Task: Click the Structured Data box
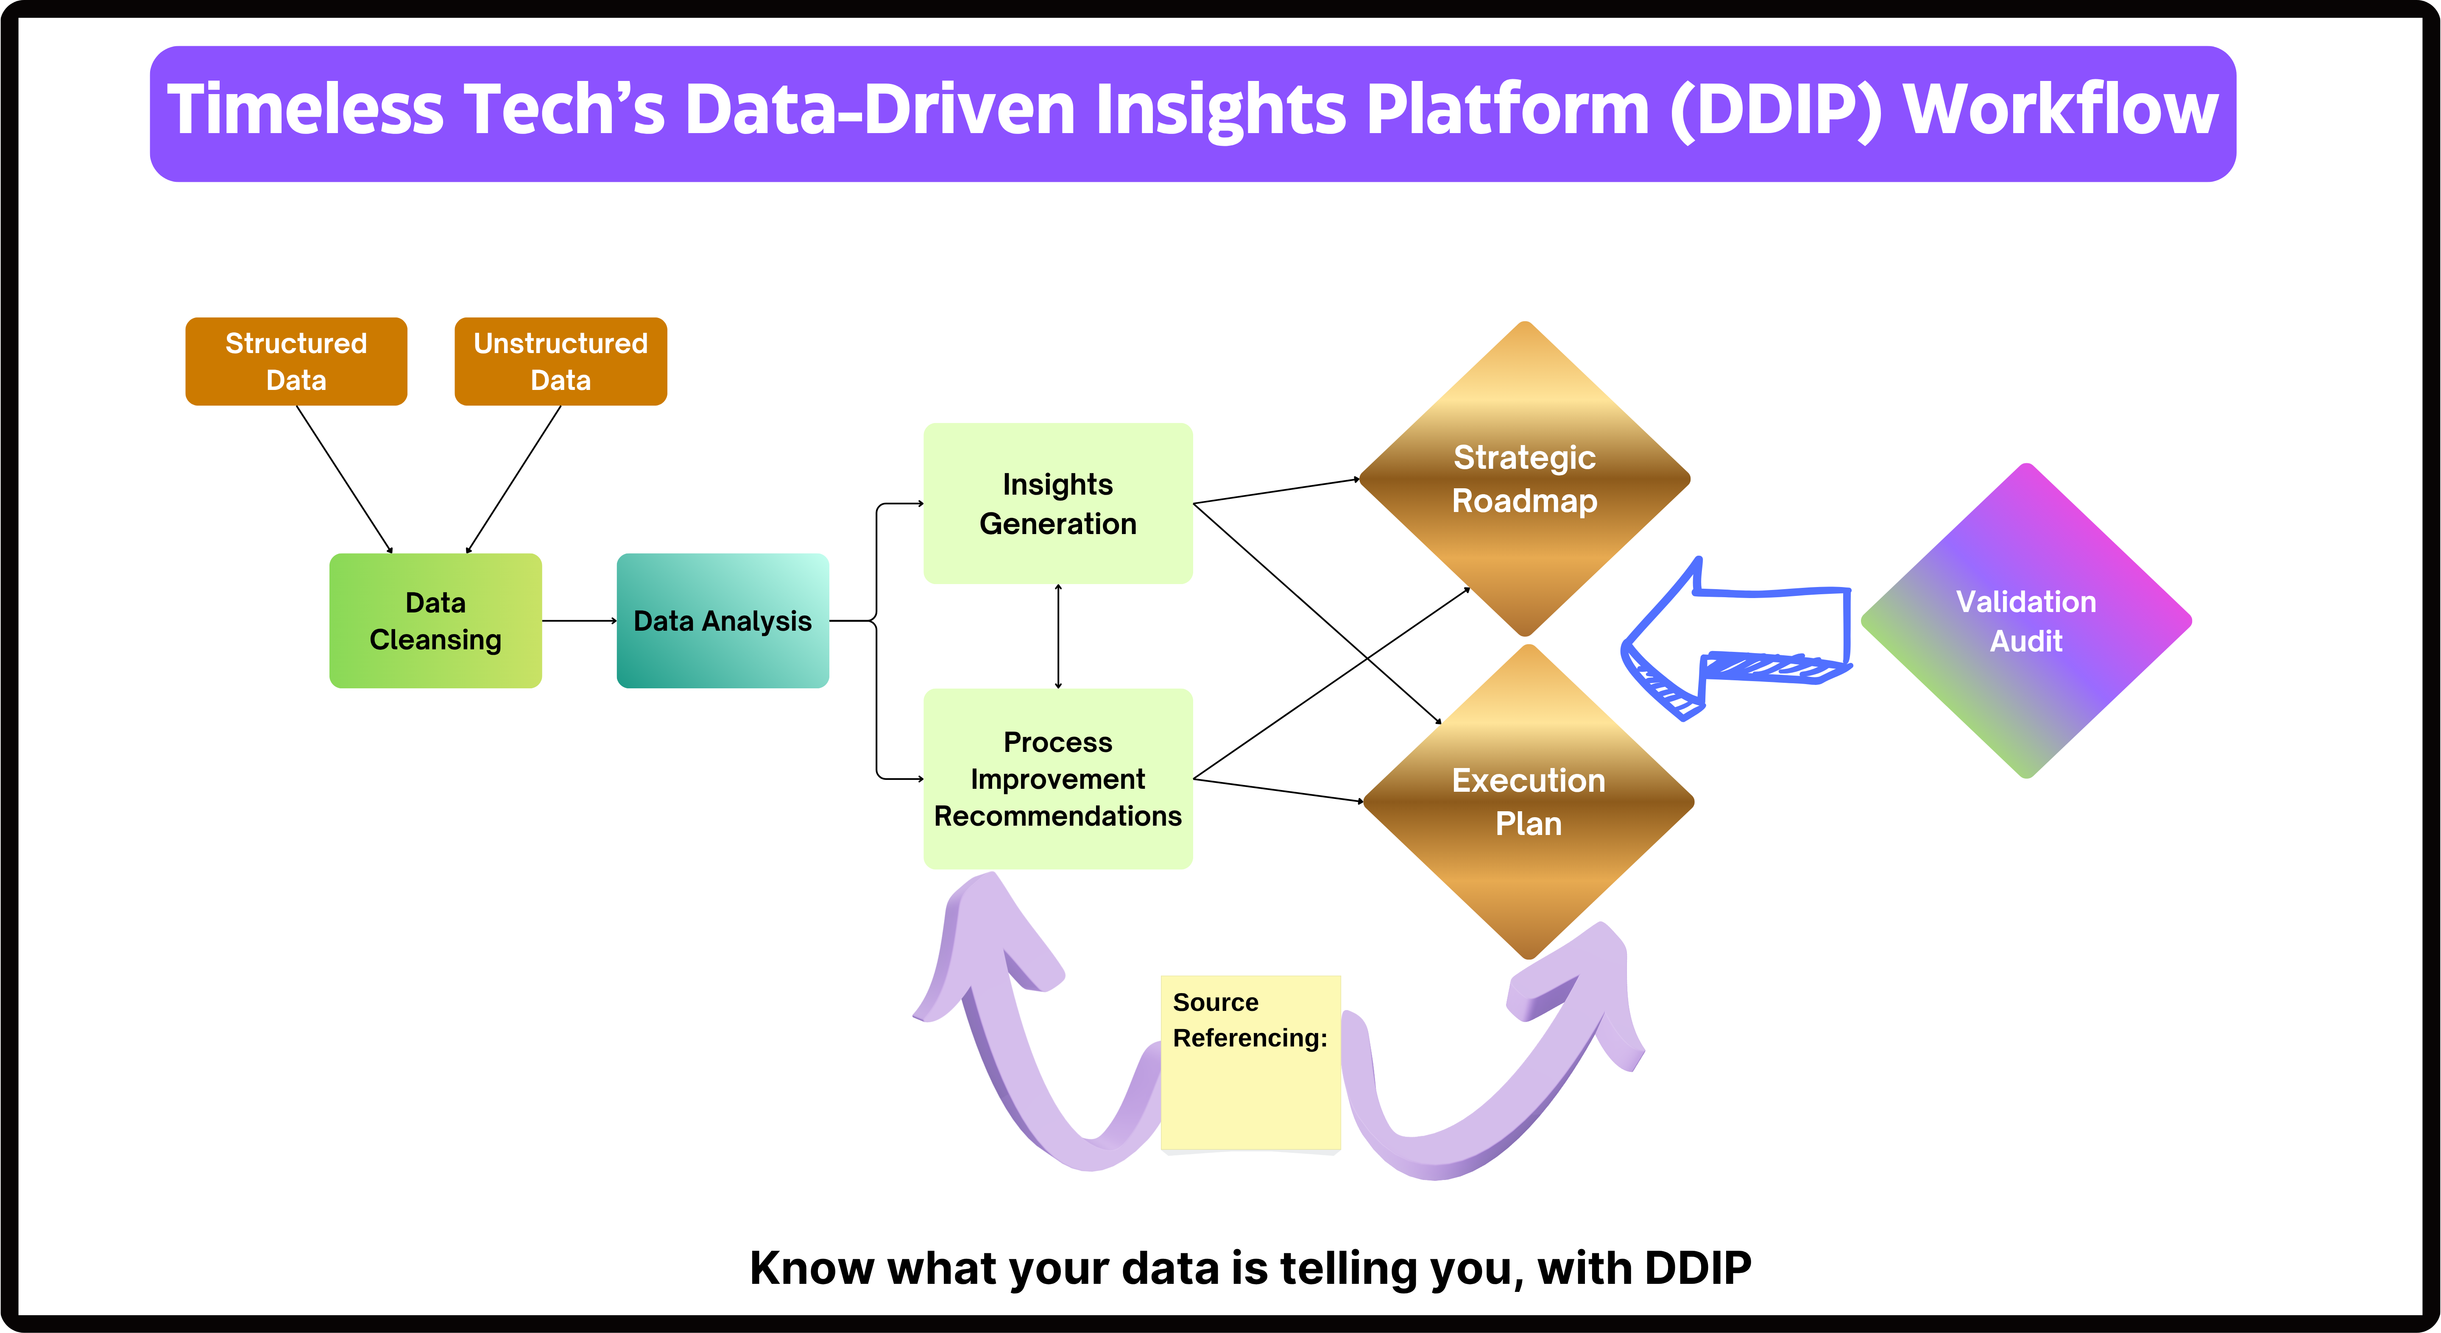pos(296,361)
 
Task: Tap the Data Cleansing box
pos(435,621)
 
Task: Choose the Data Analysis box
pos(722,621)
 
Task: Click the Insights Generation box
pos(1057,503)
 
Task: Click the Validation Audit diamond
pos(2026,621)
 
